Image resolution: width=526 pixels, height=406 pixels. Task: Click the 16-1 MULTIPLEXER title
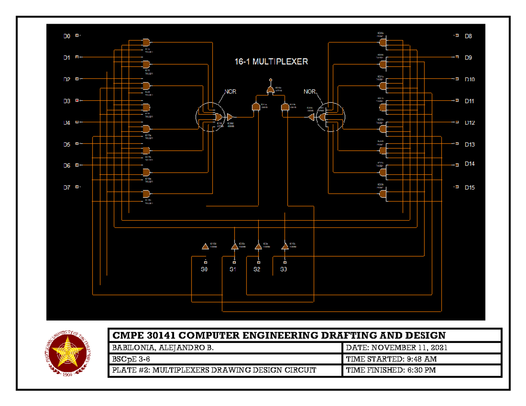pos(270,62)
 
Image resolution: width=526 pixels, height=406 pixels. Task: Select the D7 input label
pos(66,187)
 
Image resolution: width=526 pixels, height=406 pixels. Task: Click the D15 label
pos(469,187)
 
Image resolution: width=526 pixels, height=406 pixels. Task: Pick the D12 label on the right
pos(469,123)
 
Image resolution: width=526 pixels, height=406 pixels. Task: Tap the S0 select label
pos(204,269)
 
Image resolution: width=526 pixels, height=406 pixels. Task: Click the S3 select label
pos(284,269)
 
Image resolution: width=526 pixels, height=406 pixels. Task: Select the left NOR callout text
pos(231,92)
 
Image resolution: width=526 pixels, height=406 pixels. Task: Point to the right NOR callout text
pos(309,92)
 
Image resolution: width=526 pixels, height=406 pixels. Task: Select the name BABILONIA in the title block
pos(131,348)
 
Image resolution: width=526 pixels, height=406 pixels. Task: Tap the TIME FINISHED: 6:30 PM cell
pos(391,371)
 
